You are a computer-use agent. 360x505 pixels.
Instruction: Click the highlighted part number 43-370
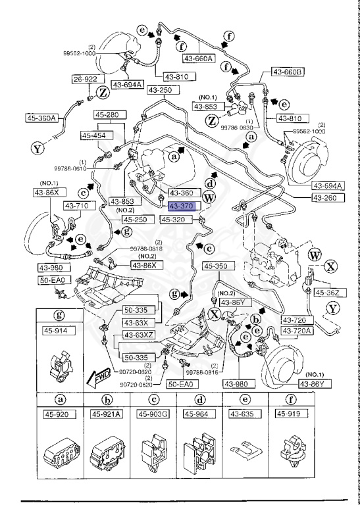click(x=177, y=206)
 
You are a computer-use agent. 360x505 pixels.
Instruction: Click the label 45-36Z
click(x=326, y=293)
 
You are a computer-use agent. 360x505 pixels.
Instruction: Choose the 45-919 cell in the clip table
click(x=291, y=414)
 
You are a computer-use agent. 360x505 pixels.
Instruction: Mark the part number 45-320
click(x=177, y=220)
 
